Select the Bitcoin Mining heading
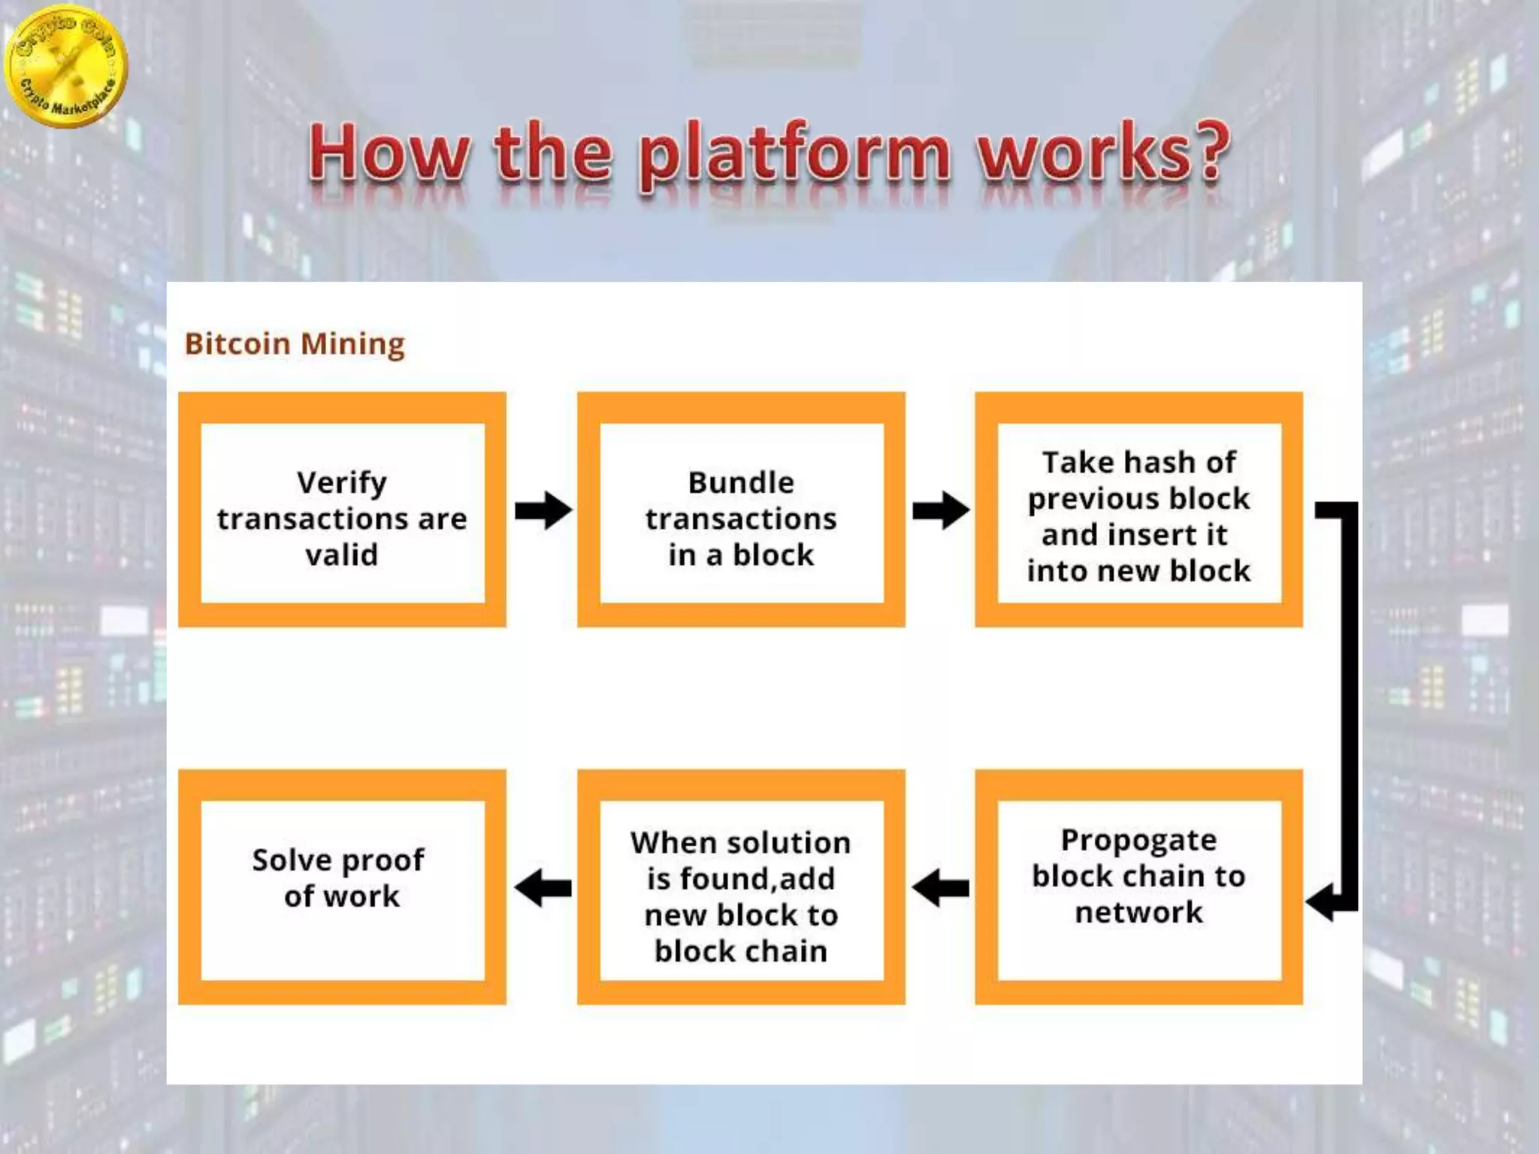point(295,344)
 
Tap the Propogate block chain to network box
point(1138,887)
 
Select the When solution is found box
point(741,887)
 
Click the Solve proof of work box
point(342,887)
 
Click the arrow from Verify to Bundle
point(543,511)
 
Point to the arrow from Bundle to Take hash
point(940,511)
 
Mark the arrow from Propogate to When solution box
point(940,888)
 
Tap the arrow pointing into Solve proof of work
point(543,888)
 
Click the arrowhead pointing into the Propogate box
point(1321,900)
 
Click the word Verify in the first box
point(342,482)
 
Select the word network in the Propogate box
point(1138,912)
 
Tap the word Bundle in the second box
point(741,482)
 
